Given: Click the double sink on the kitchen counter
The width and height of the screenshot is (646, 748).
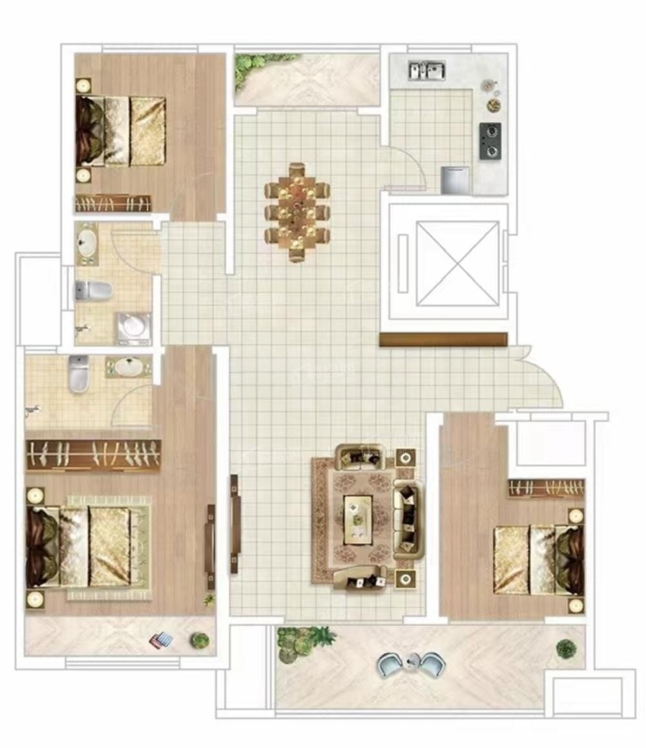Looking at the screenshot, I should coord(427,70).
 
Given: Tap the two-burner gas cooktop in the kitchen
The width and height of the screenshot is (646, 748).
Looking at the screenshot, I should coord(490,141).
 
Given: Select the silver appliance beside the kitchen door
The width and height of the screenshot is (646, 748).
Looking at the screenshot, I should coord(455,180).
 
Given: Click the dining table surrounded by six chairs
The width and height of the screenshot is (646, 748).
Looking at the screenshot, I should coord(297,212).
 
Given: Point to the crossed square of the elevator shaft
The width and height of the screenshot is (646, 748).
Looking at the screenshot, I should coord(457,264).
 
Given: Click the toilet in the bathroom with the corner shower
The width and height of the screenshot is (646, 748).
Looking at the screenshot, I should coord(94,291).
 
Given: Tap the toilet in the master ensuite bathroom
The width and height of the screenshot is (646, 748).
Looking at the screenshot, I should coord(79,375).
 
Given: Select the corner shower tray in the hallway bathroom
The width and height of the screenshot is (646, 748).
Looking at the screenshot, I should coord(134,327).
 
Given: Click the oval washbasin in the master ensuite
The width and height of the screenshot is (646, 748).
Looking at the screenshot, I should coord(129,367).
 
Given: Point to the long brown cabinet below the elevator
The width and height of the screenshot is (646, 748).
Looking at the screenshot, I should coord(443,340).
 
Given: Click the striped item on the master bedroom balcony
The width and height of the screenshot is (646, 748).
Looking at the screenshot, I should coord(161,640).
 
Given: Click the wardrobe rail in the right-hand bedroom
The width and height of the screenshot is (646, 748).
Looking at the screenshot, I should coord(547,488).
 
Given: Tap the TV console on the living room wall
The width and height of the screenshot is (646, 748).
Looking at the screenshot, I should coord(235,523).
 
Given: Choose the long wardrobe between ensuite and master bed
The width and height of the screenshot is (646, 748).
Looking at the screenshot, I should coord(94,454).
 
